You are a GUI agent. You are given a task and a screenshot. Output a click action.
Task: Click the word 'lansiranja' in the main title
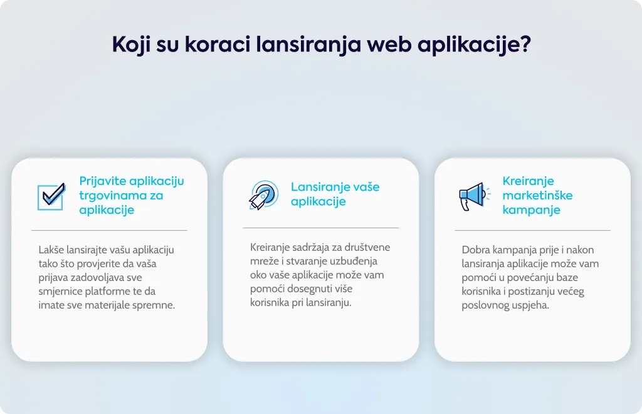(x=308, y=45)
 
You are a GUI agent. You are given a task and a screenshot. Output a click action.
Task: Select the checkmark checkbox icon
(x=51, y=196)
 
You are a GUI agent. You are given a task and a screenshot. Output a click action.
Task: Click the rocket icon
(x=264, y=195)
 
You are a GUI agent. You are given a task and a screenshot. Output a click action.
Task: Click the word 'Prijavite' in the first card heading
(x=103, y=181)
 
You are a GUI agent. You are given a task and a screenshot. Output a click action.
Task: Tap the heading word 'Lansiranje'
(x=317, y=187)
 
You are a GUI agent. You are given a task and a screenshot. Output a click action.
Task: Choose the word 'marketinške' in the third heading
(x=537, y=195)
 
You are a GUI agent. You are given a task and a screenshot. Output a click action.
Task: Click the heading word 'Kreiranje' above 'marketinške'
(x=528, y=181)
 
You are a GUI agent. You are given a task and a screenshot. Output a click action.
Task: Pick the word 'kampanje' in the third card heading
(x=531, y=210)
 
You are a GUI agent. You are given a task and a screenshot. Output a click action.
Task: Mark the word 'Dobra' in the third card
(x=475, y=250)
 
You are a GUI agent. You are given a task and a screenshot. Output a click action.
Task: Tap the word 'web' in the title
(x=389, y=43)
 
